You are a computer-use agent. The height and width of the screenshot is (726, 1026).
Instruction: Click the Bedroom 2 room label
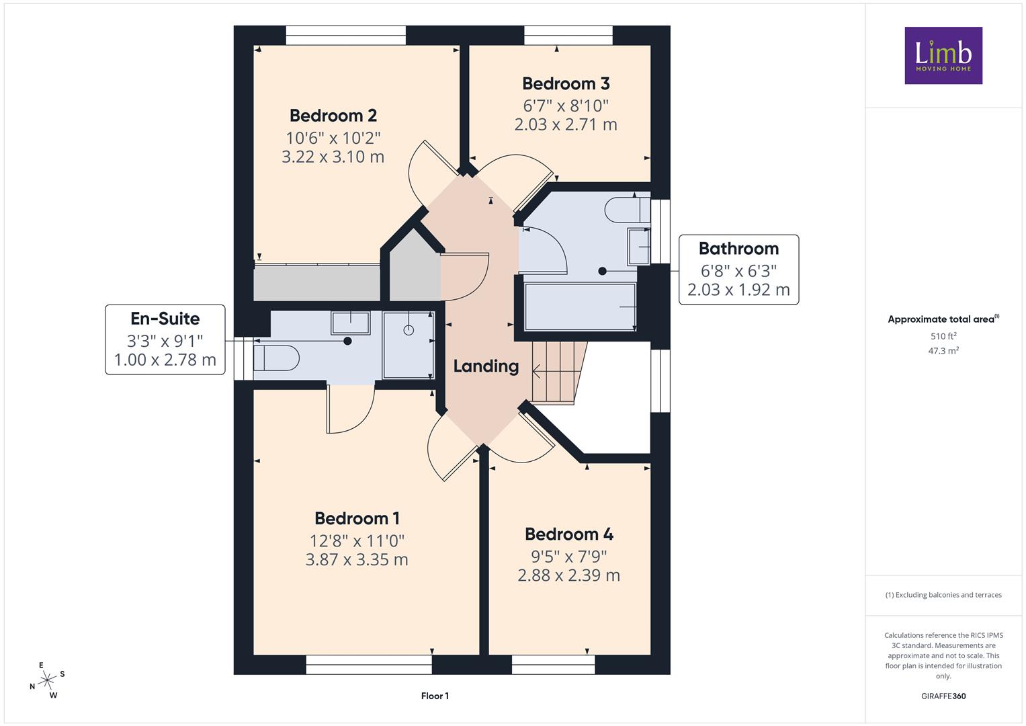(333, 116)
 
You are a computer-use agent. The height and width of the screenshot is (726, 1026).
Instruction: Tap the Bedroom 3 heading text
(566, 83)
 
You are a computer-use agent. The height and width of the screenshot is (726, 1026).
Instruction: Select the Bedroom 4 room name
(569, 534)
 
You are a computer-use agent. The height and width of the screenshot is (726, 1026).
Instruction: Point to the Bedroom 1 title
(357, 518)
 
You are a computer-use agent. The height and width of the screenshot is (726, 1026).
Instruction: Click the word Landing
(486, 366)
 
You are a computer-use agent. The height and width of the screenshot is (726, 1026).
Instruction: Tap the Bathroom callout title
(738, 249)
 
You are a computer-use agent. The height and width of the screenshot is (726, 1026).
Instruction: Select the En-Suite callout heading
(165, 319)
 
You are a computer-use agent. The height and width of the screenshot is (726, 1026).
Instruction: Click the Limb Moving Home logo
(943, 55)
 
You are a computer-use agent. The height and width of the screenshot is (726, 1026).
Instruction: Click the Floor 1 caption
(435, 696)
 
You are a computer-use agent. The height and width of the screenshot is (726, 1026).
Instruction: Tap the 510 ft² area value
(943, 336)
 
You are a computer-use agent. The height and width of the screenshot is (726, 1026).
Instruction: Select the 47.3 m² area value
(943, 351)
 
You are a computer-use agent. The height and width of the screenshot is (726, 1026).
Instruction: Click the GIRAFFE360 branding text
(943, 696)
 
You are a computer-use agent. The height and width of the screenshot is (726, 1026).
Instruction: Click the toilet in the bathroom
(627, 210)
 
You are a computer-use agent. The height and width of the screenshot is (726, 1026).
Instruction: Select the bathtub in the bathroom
(580, 307)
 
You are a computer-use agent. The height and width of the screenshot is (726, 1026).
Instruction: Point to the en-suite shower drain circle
(409, 330)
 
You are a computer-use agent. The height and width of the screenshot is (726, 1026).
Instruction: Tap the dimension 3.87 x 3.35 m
(357, 559)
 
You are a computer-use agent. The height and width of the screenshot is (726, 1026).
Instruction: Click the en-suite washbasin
(350, 323)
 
